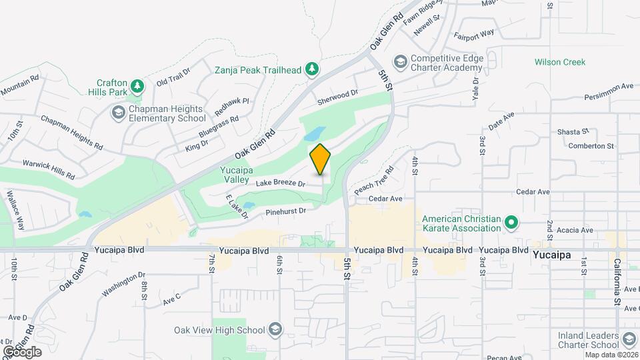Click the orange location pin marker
click(x=320, y=159)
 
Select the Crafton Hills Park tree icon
click(x=137, y=86)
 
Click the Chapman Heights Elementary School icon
click(x=118, y=113)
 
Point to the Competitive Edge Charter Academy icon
click(x=400, y=62)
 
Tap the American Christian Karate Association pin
click(x=511, y=223)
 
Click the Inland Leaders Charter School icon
click(x=629, y=340)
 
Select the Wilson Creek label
click(x=560, y=62)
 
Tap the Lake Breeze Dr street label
click(x=280, y=182)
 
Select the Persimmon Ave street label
click(x=609, y=87)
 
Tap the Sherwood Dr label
click(x=337, y=96)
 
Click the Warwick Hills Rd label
click(x=49, y=169)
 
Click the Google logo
click(x=22, y=351)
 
